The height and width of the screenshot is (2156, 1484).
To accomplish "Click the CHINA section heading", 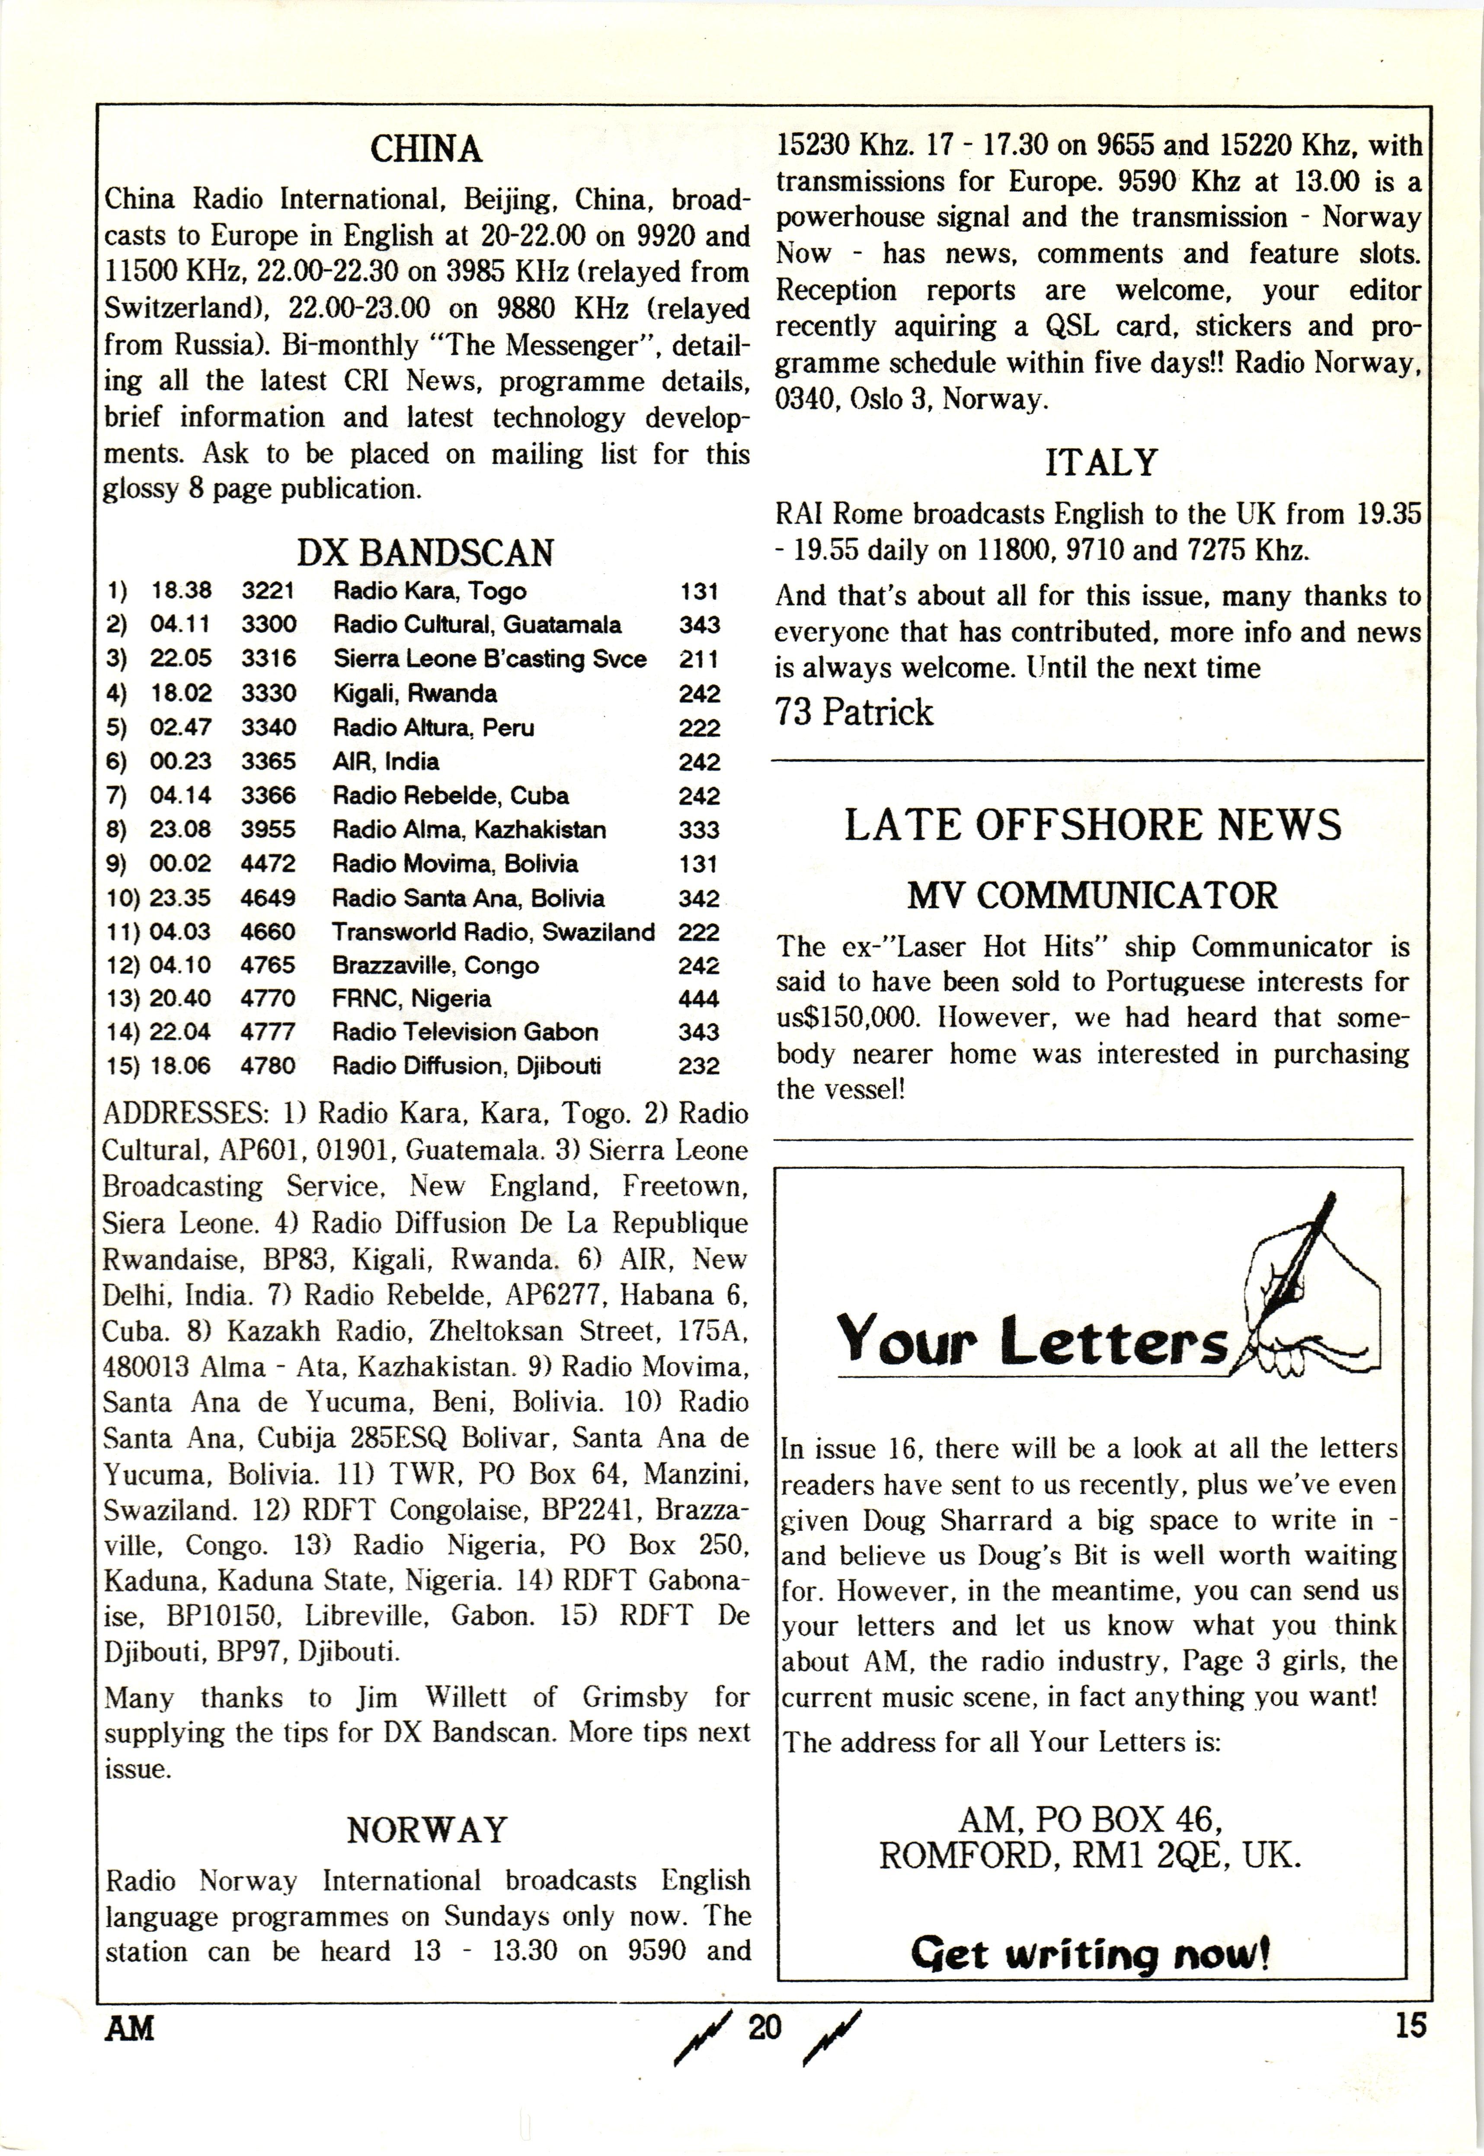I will point(426,149).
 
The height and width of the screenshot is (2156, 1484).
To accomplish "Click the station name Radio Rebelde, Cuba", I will point(450,796).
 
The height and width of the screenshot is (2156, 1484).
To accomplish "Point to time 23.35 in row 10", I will point(180,898).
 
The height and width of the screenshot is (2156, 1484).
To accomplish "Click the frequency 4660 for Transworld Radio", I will point(268,931).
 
